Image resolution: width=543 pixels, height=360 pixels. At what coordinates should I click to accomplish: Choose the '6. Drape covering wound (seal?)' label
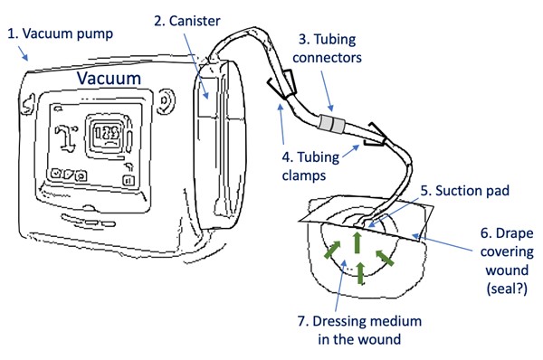click(x=502, y=256)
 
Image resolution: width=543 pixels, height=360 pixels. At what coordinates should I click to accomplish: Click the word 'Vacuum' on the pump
click(x=109, y=79)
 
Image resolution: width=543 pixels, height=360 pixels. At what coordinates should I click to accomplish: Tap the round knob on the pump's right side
click(x=165, y=102)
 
